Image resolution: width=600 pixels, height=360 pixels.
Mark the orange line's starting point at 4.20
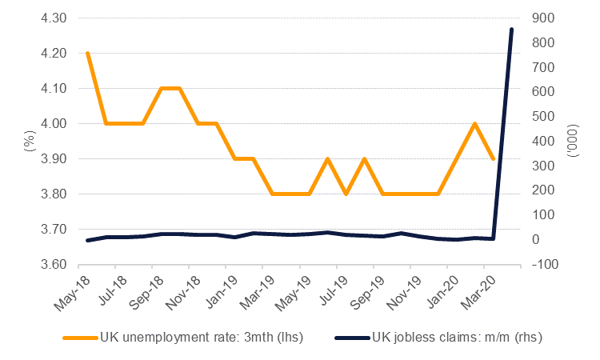(x=87, y=53)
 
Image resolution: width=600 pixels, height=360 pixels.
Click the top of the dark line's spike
(x=512, y=29)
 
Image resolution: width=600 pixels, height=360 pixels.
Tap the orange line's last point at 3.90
(x=494, y=158)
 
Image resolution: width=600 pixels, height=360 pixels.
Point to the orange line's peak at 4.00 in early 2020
(x=475, y=123)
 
